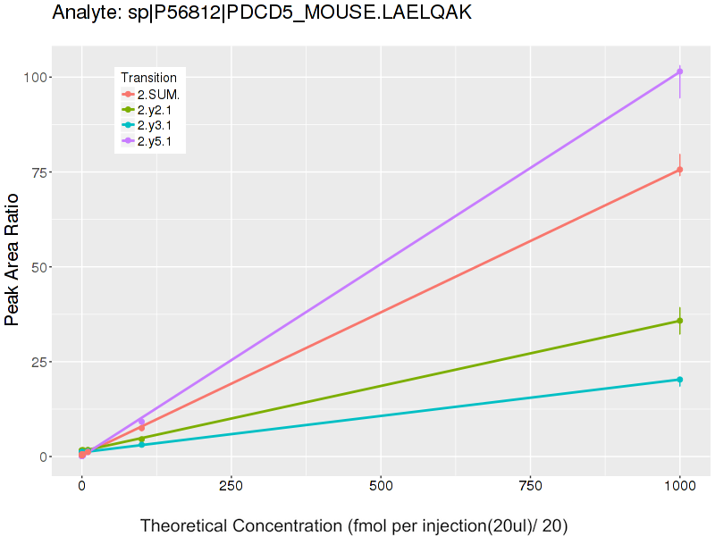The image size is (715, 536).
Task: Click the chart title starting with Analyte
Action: point(262,13)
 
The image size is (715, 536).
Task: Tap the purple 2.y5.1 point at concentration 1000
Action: point(680,71)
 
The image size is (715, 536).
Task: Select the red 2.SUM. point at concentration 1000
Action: point(680,170)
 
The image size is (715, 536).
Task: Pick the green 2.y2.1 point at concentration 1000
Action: point(680,321)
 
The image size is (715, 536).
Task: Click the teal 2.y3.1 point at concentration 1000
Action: point(680,380)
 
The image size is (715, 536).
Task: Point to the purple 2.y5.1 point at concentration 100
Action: point(141,421)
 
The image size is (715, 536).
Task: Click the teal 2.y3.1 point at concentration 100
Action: point(141,444)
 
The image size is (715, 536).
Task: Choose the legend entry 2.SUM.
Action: point(159,94)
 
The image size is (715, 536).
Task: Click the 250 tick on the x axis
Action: point(231,487)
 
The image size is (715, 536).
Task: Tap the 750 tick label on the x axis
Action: point(531,487)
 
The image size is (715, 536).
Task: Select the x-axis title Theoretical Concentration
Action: point(354,524)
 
